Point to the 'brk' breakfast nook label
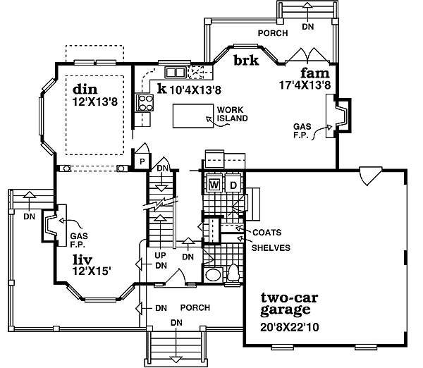[246, 61]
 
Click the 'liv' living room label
[82, 259]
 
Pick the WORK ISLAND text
[232, 115]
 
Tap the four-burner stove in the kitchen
[146, 103]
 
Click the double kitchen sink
[175, 72]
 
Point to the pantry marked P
[142, 161]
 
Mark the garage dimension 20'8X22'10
[289, 326]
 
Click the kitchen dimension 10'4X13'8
[196, 90]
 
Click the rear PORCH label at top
[271, 32]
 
